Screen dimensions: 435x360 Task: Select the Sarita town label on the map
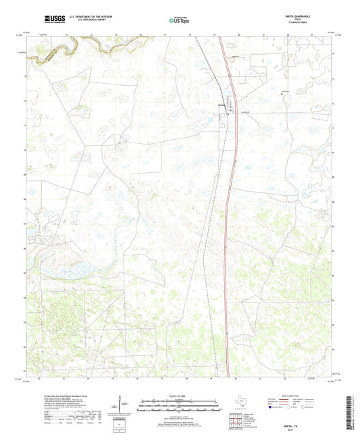(x=220, y=105)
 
